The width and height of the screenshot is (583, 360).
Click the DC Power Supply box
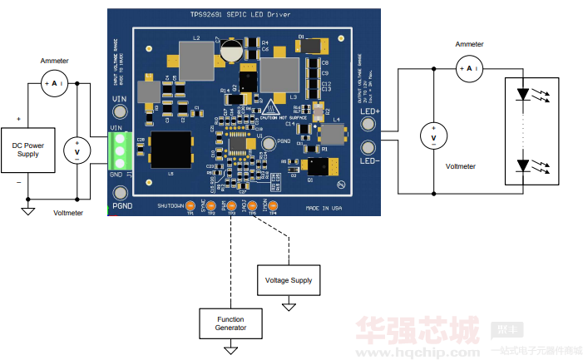click(28, 150)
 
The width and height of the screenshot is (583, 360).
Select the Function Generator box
click(230, 323)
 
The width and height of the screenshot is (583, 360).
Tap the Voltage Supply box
click(289, 280)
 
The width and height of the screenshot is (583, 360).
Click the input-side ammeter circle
click(55, 84)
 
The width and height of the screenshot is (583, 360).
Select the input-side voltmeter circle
click(77, 152)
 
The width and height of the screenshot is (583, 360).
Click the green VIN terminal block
click(120, 151)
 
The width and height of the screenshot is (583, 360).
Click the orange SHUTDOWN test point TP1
click(190, 205)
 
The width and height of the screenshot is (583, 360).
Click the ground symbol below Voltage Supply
click(289, 308)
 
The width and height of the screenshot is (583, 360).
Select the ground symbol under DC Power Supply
click(27, 210)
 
